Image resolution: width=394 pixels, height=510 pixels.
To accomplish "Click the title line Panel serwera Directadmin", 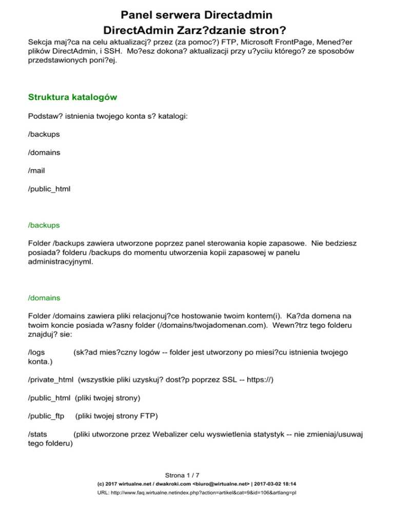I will pyautogui.click(x=196, y=14).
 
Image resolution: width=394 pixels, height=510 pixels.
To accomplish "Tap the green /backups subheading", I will pyautogui.click(x=44, y=225).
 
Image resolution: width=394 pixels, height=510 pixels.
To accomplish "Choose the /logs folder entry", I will pyautogui.click(x=37, y=353).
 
